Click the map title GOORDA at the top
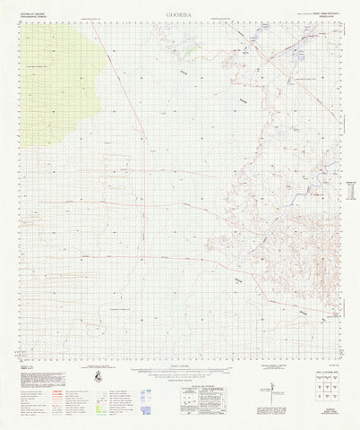[179, 14]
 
